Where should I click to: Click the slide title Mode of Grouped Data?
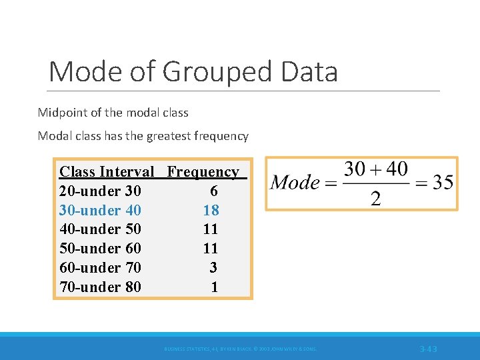click(193, 71)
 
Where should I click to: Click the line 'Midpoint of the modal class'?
click(113, 112)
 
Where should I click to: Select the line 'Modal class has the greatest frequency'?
click(143, 136)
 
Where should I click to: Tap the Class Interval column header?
click(107, 171)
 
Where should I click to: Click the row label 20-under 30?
click(100, 191)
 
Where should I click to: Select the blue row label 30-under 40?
click(100, 210)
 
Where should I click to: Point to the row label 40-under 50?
click(100, 229)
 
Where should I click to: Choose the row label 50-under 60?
click(100, 249)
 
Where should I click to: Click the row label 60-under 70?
click(100, 268)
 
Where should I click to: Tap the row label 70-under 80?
click(100, 287)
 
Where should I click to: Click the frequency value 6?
click(213, 191)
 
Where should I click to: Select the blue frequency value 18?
click(211, 210)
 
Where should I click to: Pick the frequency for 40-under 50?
click(211, 229)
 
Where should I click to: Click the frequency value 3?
click(213, 268)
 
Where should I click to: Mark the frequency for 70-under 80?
click(214, 287)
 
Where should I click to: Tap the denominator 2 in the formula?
click(375, 198)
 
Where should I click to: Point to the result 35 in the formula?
click(443, 182)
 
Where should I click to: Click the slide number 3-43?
click(429, 349)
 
